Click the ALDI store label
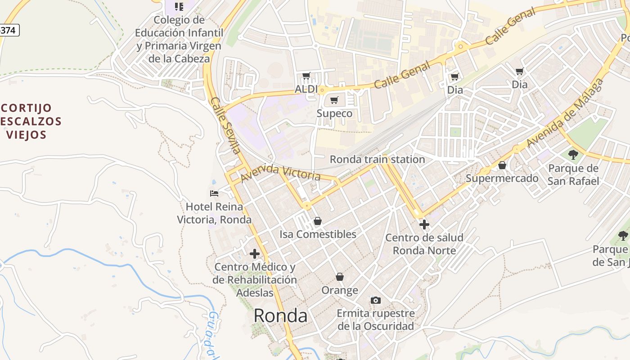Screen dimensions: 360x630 [306, 89]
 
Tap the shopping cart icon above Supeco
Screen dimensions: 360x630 [334, 100]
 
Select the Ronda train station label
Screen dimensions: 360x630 [377, 159]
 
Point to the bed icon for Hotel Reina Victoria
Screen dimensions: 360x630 [214, 193]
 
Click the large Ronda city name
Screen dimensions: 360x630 [280, 316]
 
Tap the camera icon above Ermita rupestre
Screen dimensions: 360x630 [375, 300]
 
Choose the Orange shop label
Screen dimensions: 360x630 [340, 290]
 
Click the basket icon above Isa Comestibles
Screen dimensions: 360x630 [318, 221]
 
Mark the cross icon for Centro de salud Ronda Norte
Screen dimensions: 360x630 [424, 224]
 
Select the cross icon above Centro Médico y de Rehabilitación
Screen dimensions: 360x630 [255, 254]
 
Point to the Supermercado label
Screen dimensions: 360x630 [502, 178]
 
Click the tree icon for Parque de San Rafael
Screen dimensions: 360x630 [573, 155]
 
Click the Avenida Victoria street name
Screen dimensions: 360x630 [281, 173]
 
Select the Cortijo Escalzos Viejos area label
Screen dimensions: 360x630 [29, 121]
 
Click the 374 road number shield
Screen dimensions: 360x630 [8, 30]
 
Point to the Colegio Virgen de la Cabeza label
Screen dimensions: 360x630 [179, 39]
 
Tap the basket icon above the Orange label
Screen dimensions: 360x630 [340, 276]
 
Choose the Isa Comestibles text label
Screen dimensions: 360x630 [318, 234]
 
